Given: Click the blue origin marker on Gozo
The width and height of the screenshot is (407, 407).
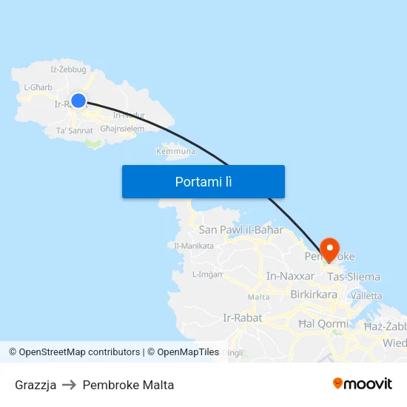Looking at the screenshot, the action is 78,101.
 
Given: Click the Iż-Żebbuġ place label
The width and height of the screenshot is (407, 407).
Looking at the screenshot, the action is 68,70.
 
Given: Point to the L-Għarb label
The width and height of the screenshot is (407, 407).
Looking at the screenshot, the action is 37,87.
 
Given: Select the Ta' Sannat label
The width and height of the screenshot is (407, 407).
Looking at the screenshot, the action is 75,130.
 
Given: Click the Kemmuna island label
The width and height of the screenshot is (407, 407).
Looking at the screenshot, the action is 175,151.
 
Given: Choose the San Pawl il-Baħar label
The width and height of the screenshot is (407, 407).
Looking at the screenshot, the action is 240,230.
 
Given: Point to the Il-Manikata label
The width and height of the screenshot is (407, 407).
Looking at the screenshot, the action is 193,246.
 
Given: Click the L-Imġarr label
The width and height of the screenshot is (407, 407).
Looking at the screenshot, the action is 207,274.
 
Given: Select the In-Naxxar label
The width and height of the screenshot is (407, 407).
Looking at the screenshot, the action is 290,277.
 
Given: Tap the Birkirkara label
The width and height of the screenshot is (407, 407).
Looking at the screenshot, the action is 314,294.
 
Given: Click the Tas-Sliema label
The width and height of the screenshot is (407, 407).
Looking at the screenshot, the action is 354,277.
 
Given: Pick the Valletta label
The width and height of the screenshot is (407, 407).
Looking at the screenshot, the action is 367,295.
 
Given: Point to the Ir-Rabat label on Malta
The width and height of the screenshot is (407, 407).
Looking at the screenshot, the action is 242,318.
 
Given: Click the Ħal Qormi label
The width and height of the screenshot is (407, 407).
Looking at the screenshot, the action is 323,323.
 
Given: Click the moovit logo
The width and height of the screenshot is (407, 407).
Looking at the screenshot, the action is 362,384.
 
